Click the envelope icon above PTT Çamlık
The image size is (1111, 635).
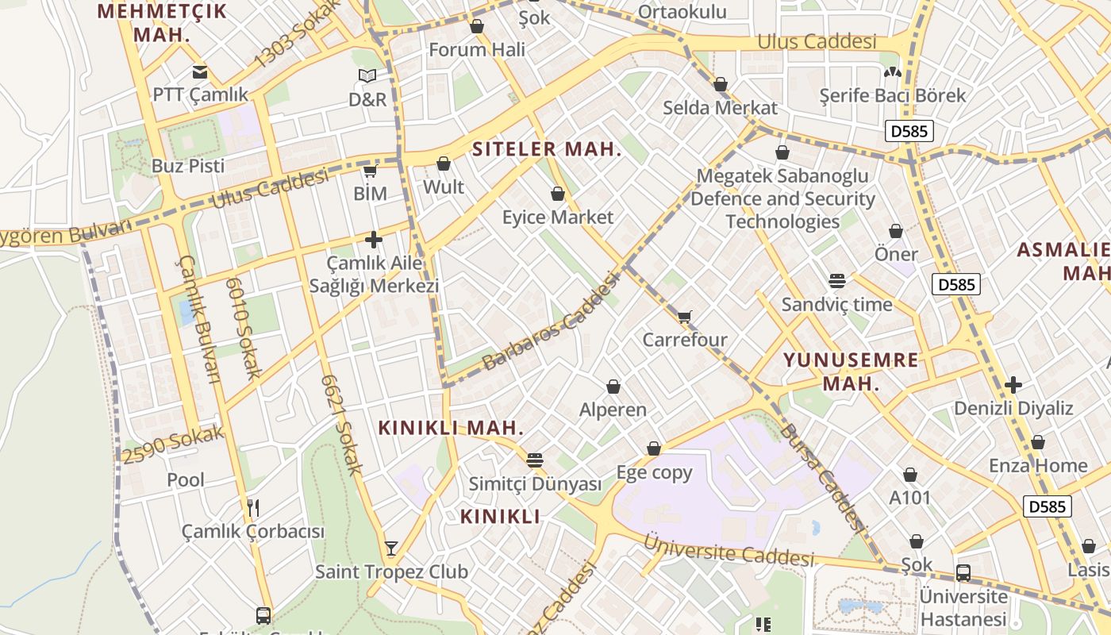tap(199, 72)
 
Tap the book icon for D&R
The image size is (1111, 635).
tap(367, 76)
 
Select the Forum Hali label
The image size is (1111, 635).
tap(477, 49)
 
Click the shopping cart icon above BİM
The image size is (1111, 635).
tap(370, 171)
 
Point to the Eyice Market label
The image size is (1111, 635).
tap(558, 217)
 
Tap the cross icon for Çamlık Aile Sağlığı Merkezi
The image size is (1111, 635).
tap(374, 240)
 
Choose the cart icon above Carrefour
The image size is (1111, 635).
tap(685, 317)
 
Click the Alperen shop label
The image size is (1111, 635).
tap(613, 410)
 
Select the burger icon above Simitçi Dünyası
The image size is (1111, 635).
tap(535, 460)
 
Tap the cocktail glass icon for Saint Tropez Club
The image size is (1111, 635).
tap(391, 548)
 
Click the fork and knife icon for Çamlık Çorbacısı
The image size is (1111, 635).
tap(253, 508)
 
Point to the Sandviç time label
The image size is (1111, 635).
tap(836, 305)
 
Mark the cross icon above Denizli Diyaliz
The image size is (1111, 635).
tap(1013, 386)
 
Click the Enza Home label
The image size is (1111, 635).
tap(1037, 465)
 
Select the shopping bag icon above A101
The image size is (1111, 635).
tap(910, 475)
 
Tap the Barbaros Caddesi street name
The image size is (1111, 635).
tap(550, 321)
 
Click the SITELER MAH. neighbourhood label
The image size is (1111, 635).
tap(547, 149)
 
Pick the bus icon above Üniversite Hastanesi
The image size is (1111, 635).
tap(963, 572)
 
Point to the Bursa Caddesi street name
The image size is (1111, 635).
tap(821, 476)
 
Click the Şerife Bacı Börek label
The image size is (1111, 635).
tap(892, 95)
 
